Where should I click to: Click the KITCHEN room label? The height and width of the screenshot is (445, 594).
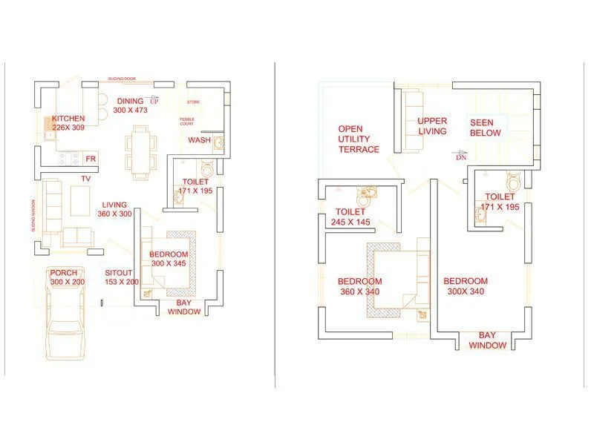(68, 123)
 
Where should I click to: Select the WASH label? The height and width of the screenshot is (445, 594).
(199, 140)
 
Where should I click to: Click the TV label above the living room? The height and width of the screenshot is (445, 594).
(86, 179)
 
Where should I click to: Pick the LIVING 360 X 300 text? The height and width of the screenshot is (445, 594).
(114, 209)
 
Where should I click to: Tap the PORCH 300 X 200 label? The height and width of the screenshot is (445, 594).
(68, 277)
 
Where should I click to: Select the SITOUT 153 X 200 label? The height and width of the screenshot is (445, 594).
(122, 277)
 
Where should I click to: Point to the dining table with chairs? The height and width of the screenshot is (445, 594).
(140, 152)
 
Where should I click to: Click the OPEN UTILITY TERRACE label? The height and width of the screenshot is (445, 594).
(359, 139)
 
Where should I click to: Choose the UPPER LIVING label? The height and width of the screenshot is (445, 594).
(432, 126)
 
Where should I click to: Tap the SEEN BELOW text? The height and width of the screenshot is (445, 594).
(485, 128)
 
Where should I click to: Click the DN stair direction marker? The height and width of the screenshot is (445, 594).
(461, 157)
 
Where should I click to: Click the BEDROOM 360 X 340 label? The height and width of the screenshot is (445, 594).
(359, 286)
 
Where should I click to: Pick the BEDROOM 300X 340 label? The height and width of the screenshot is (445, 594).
(466, 286)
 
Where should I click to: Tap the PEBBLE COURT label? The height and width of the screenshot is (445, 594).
(187, 122)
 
